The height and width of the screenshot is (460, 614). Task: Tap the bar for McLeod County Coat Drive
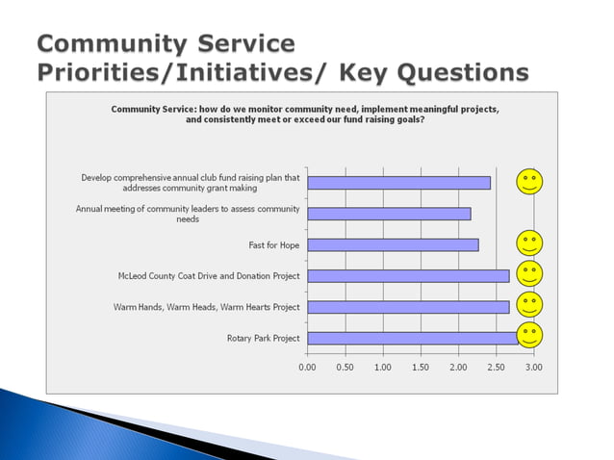tap(408, 276)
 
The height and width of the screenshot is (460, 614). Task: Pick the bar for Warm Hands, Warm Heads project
tap(408, 307)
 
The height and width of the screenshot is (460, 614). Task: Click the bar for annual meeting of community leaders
tap(389, 213)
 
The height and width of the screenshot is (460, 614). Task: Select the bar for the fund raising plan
tap(398, 182)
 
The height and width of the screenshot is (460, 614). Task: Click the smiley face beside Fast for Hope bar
tap(529, 243)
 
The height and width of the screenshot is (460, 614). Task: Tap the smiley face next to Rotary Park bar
tap(529, 336)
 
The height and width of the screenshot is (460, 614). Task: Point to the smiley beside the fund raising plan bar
tap(529, 181)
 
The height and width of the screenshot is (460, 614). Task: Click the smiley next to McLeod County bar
tap(529, 274)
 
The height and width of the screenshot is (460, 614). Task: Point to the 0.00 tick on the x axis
tap(307, 367)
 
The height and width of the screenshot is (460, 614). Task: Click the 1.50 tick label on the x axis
tap(421, 367)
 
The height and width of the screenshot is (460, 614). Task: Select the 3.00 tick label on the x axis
tap(534, 367)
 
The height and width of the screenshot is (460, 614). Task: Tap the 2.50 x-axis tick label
tap(497, 367)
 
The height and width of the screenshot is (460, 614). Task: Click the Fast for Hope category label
tap(274, 244)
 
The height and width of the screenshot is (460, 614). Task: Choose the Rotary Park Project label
tap(263, 338)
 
